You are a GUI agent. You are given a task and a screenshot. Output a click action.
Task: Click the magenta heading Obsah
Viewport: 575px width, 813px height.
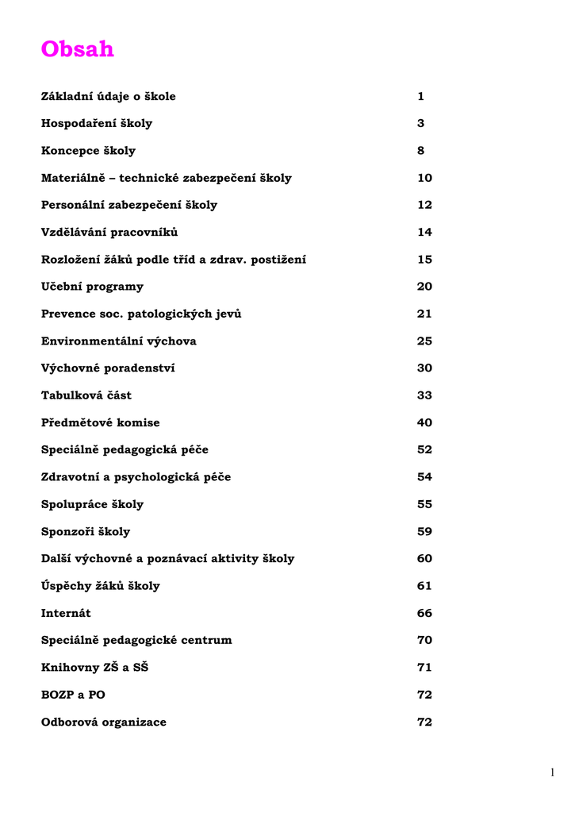78,49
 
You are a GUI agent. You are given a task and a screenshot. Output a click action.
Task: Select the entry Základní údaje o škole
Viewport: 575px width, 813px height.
109,97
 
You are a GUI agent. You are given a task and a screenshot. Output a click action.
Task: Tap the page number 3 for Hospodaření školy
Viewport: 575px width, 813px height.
421,124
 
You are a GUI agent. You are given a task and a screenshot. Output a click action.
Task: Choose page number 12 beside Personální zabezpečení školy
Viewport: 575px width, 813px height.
424,205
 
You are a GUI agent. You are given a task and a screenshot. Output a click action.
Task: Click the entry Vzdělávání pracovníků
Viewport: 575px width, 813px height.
109,233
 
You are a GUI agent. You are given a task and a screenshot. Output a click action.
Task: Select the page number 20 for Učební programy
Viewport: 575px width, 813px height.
424,287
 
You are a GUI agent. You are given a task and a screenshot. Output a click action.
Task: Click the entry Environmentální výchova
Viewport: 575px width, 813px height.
119,341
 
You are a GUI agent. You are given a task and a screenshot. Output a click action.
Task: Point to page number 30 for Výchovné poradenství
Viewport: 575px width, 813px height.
424,368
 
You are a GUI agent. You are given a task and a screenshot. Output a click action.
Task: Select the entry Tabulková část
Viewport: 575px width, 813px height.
86,395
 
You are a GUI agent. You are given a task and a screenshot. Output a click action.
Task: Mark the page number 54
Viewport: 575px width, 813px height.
424,477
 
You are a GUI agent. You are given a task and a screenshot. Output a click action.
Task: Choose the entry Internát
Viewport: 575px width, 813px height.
66,613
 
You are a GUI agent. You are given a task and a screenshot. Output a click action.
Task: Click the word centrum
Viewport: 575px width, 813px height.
206,640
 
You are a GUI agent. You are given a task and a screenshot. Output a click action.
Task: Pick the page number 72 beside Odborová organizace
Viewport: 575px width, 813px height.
424,722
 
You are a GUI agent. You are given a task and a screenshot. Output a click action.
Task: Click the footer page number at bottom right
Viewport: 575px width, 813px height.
552,772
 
